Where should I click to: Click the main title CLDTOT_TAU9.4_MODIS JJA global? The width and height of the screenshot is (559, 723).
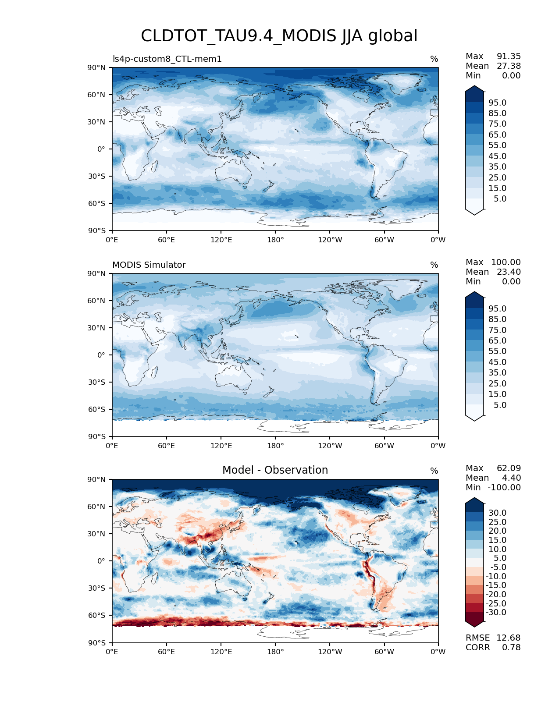(x=279, y=36)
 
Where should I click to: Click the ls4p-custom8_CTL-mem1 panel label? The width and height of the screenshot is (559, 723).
(x=167, y=59)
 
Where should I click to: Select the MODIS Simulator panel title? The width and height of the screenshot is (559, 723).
(x=149, y=265)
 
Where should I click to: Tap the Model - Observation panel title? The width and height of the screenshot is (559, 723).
(x=275, y=470)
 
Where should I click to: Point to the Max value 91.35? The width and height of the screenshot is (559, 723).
(x=509, y=56)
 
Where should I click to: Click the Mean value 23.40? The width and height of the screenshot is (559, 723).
(x=509, y=272)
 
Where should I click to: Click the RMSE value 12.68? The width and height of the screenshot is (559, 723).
(x=509, y=638)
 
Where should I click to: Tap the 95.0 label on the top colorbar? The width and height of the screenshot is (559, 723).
(x=497, y=103)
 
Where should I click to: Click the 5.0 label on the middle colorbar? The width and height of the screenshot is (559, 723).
(x=500, y=405)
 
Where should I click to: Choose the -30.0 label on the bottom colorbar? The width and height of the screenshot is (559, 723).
(x=497, y=612)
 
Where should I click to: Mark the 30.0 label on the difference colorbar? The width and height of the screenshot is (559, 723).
(x=497, y=513)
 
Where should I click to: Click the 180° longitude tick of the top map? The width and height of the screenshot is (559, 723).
(x=275, y=240)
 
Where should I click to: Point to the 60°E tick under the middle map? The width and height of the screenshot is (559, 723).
(x=166, y=446)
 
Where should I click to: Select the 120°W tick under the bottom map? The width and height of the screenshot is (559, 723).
(x=330, y=652)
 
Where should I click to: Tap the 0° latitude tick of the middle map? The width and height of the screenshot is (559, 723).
(x=101, y=355)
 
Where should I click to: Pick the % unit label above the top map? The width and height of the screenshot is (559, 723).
(x=434, y=59)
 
